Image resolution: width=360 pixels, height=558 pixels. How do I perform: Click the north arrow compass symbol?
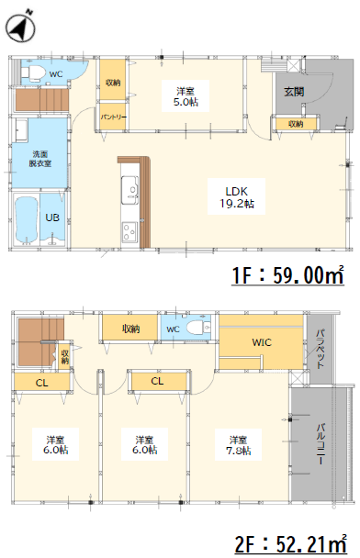[20, 27]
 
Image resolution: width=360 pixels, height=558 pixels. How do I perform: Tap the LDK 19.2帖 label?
[236, 196]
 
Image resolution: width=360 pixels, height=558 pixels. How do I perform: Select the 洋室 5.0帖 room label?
[186, 96]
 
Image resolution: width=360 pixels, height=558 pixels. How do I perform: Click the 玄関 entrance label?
[294, 92]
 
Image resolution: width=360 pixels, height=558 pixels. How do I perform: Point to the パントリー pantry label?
[113, 117]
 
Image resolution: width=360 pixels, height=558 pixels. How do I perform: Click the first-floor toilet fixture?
[33, 73]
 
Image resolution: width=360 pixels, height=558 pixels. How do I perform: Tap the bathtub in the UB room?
[27, 219]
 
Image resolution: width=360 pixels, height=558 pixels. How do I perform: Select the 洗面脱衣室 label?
[39, 159]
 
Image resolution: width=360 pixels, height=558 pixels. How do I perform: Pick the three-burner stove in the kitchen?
[129, 232]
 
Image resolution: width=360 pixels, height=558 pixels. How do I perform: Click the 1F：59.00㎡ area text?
[287, 274]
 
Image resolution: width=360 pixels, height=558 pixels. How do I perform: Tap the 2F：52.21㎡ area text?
[290, 545]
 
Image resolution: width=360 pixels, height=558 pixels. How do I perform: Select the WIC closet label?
[262, 342]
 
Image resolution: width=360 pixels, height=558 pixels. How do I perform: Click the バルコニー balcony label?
[321, 443]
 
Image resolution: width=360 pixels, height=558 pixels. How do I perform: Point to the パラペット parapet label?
[321, 349]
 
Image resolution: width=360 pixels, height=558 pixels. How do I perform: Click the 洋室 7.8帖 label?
[238, 445]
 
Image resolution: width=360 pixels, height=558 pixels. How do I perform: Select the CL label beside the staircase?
[41, 383]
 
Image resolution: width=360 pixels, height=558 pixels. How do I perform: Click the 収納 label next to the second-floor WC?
[130, 329]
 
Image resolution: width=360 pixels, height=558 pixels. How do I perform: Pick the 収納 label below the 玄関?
[296, 124]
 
